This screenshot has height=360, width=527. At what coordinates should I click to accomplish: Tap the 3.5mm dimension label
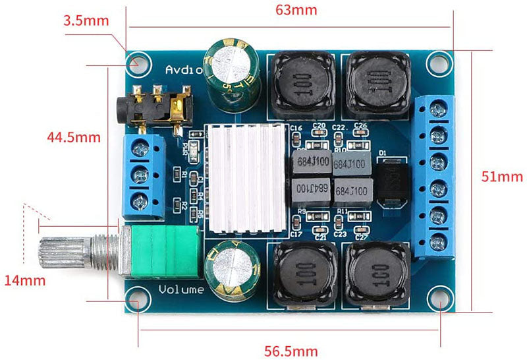point(86,20)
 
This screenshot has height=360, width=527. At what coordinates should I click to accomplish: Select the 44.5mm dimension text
point(73,138)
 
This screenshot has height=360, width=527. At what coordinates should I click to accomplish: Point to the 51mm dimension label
point(502,176)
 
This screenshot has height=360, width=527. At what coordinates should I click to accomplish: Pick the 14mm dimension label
point(25,280)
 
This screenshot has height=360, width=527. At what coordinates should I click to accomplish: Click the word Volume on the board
point(181,289)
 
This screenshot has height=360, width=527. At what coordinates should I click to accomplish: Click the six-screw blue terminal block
point(437,175)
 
